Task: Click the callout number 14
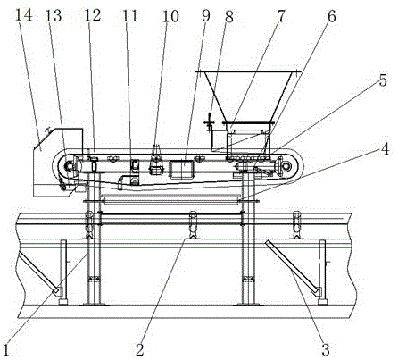click(x=23, y=15)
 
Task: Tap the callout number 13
click(x=54, y=15)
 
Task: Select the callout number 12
click(x=93, y=15)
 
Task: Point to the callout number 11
click(x=130, y=15)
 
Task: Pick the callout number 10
click(x=170, y=15)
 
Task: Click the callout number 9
click(x=206, y=15)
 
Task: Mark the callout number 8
click(x=229, y=16)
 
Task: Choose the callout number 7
click(x=281, y=16)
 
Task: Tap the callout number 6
click(x=332, y=16)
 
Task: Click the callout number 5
click(x=383, y=80)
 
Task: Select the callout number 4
click(x=386, y=149)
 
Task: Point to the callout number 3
click(x=326, y=349)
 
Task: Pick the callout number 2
click(x=140, y=349)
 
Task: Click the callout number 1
click(x=6, y=349)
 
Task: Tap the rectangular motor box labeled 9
click(x=181, y=170)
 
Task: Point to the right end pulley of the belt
click(x=286, y=165)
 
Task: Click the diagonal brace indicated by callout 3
click(x=292, y=268)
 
